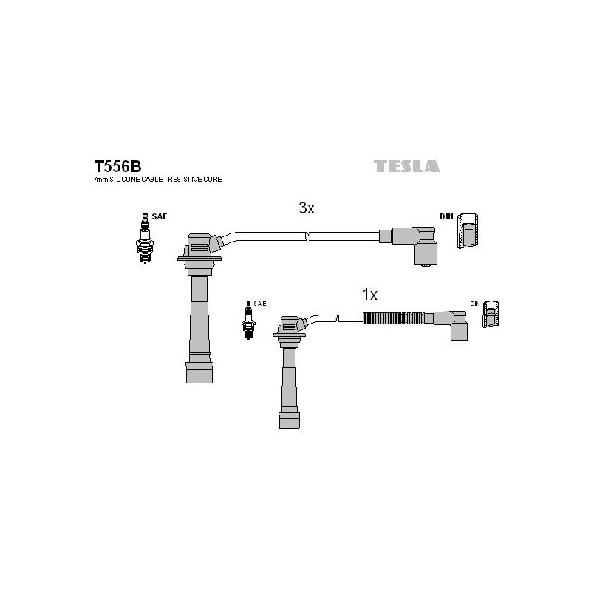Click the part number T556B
117,166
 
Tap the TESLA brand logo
406,166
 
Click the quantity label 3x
307,208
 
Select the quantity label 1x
369,295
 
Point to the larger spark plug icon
145,238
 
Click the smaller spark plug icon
248,320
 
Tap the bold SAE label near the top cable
160,216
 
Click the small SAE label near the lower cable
260,304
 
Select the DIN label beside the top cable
446,216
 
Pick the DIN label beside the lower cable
475,304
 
